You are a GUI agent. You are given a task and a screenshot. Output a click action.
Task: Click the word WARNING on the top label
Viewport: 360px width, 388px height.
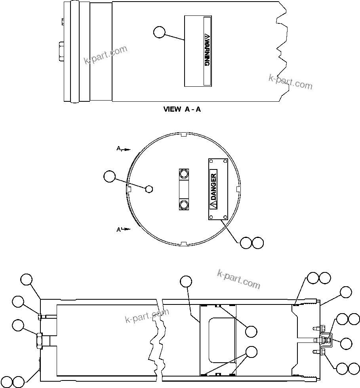[x=206, y=52]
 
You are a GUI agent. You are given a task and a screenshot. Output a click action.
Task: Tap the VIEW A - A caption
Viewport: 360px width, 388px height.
[x=182, y=109]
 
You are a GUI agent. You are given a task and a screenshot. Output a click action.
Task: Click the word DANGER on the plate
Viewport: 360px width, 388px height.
[x=213, y=186]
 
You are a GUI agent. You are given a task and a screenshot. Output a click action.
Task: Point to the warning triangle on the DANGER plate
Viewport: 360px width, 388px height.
[x=213, y=204]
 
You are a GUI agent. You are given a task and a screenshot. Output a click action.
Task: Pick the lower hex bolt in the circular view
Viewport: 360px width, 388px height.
[x=183, y=205]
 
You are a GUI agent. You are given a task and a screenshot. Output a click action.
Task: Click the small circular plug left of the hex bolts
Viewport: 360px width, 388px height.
[x=149, y=189]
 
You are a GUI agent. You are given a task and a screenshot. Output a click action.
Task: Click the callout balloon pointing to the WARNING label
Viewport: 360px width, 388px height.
[x=159, y=32]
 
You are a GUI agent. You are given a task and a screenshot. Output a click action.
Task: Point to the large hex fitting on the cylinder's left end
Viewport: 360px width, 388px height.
[x=40, y=340]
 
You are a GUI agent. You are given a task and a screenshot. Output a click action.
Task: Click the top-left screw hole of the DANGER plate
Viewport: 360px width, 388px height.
[x=211, y=162]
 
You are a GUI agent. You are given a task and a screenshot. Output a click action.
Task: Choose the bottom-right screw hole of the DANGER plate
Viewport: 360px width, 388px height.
[x=225, y=217]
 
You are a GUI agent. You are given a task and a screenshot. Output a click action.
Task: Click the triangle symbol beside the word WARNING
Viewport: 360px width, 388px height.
[x=206, y=36]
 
